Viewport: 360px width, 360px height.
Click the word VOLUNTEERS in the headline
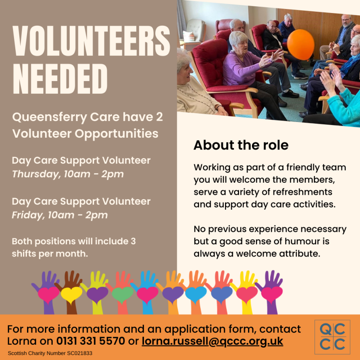pos(91,41)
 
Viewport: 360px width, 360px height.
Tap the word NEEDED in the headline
pos(60,79)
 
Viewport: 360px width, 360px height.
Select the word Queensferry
pos(49,117)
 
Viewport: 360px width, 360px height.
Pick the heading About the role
pos(241,145)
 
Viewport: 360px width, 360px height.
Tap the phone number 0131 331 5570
pos(91,341)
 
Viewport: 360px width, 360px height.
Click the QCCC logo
pos(332,337)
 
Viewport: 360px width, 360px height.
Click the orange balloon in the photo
pos(301,45)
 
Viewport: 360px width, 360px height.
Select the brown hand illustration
pos(70,292)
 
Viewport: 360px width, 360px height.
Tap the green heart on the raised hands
pos(122,294)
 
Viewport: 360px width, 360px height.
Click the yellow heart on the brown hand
pos(72,295)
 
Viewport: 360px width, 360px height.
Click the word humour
pos(300,242)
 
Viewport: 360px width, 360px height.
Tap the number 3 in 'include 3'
pos(133,242)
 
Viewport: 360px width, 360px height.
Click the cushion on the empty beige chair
pos(189,36)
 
